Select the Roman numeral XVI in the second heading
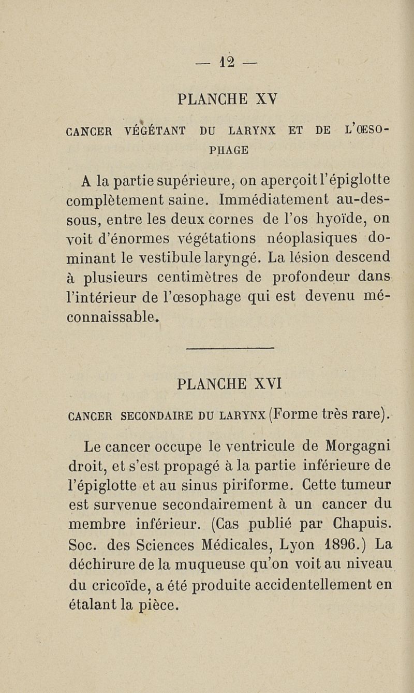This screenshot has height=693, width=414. [268, 385]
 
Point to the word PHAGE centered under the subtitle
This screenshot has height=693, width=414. [228, 150]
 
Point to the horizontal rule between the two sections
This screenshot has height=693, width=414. [228, 349]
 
